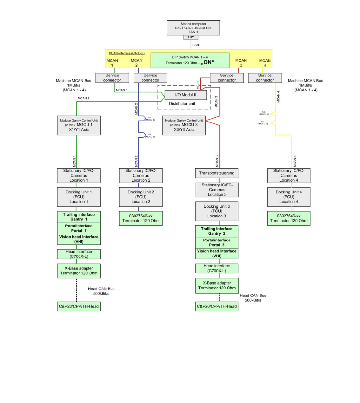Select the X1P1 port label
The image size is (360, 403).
[x=191, y=37]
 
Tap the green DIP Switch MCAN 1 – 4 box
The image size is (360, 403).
[x=190, y=60]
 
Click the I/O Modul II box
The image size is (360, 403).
[x=186, y=95]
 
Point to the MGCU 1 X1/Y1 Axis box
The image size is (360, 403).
[x=79, y=125]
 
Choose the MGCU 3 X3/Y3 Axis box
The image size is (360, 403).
[x=184, y=125]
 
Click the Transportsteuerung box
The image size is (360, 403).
[x=217, y=173]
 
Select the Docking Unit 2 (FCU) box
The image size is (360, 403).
[x=141, y=197]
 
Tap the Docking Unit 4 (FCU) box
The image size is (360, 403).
[x=289, y=197]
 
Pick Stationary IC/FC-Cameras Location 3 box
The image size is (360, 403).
[x=217, y=190]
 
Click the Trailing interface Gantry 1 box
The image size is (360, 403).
[x=79, y=217]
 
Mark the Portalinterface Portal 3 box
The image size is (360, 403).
[x=217, y=243]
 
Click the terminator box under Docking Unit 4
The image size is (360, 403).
[x=289, y=218]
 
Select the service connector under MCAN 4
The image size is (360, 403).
[x=265, y=78]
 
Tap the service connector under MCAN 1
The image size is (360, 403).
[x=112, y=78]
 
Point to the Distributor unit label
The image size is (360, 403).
[x=182, y=104]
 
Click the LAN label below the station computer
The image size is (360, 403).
[x=196, y=45]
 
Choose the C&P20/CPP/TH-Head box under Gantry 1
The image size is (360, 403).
[x=79, y=306]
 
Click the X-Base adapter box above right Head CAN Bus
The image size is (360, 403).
[x=217, y=285]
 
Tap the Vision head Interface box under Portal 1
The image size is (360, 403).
[x=79, y=239]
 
